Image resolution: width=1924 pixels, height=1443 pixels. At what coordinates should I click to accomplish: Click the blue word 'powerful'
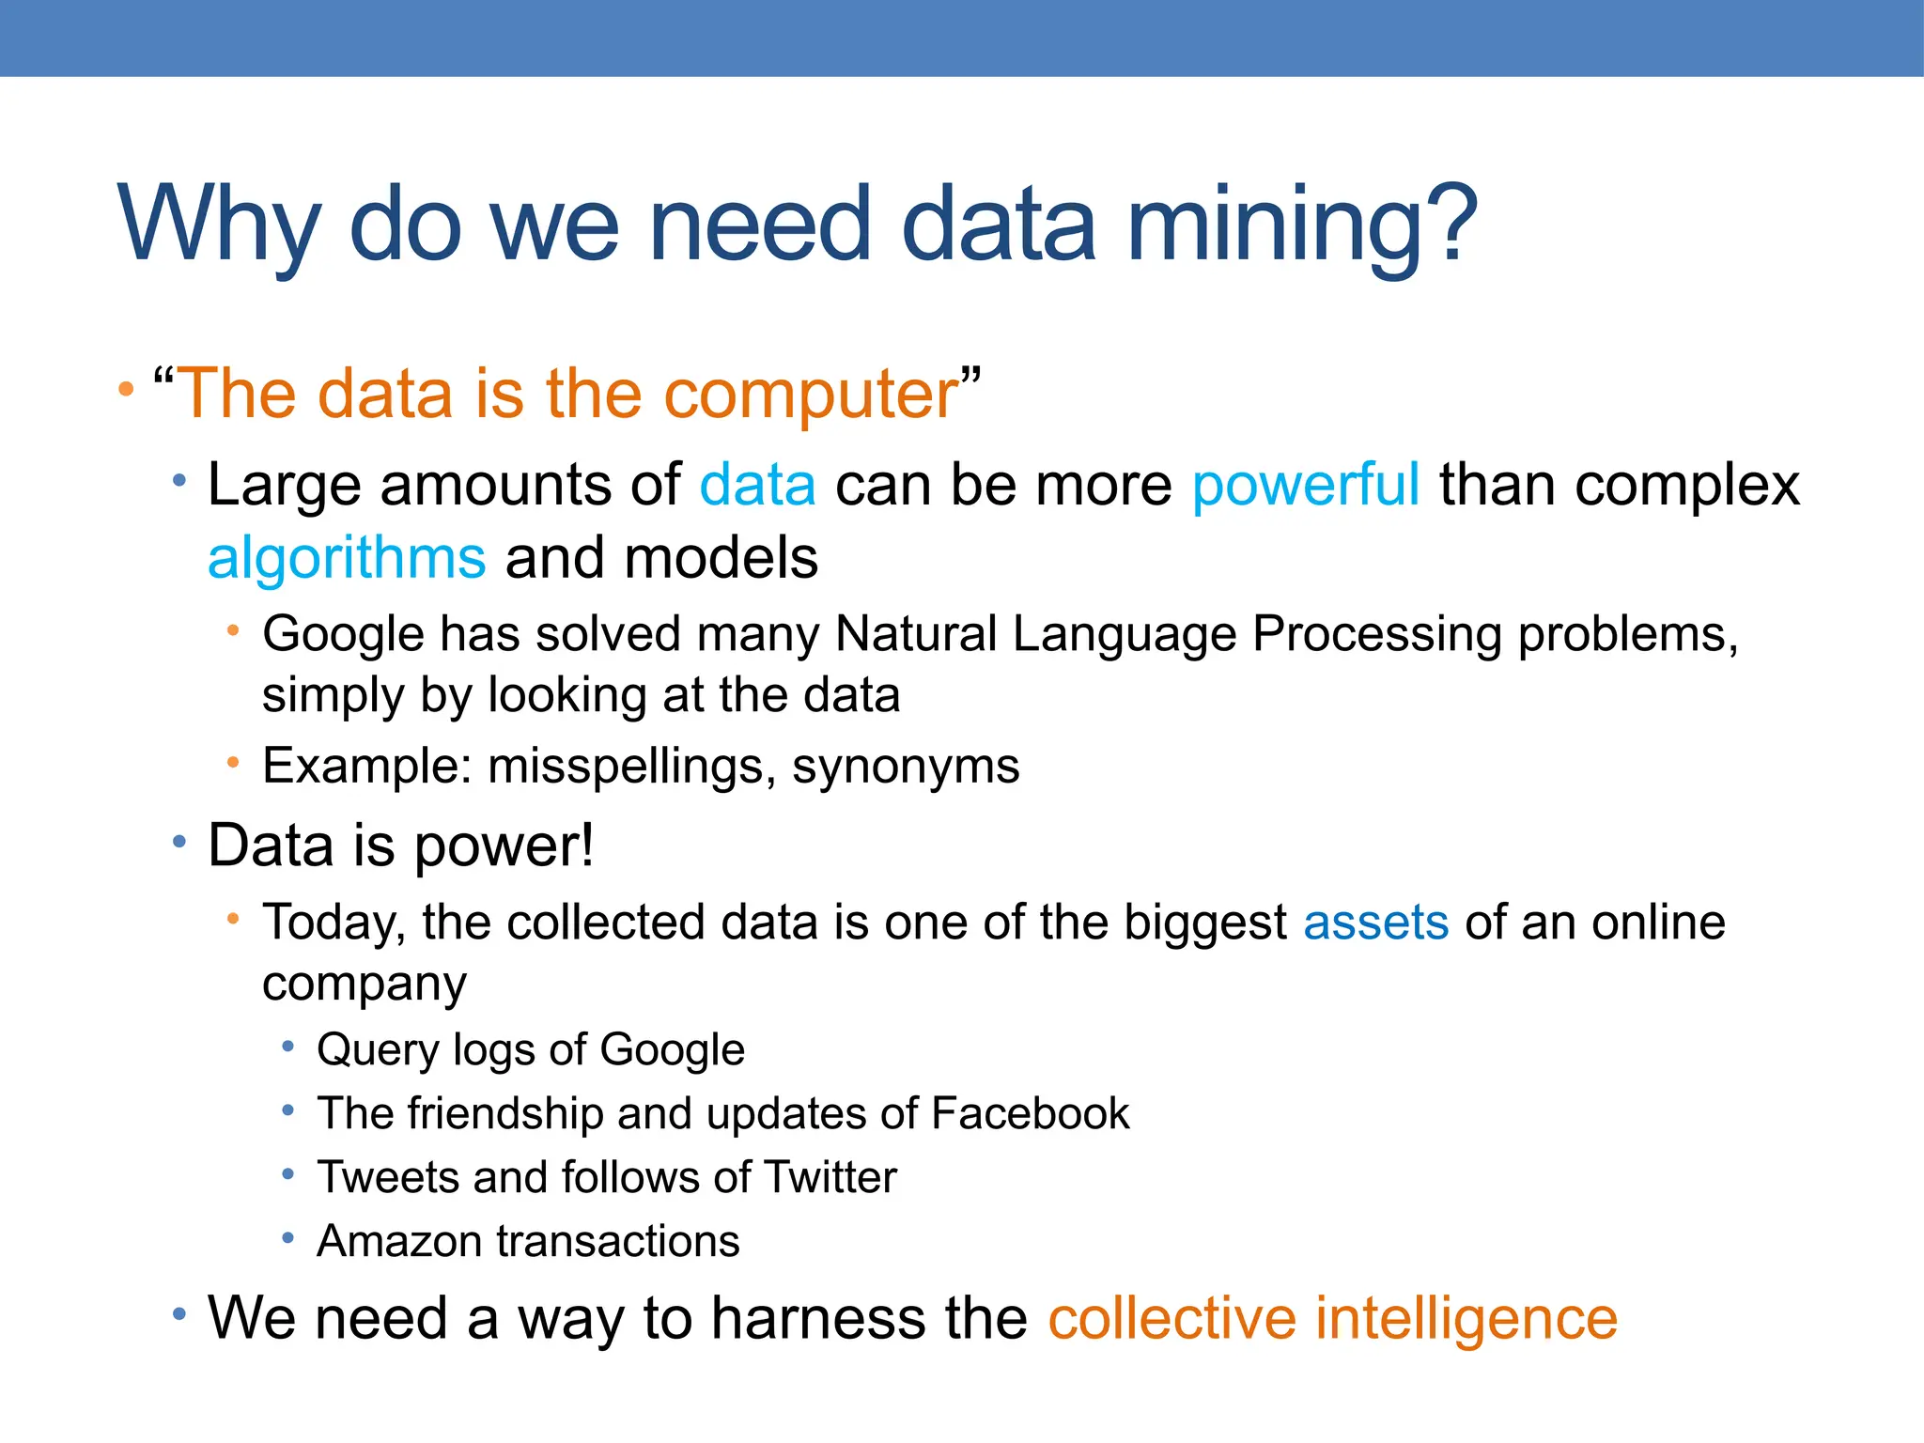[1305, 487]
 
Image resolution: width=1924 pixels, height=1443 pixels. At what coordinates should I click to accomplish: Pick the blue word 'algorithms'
[347, 558]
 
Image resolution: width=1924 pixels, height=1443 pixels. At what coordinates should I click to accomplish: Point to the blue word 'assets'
[1375, 923]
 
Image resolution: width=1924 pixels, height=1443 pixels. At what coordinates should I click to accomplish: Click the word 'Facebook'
[1030, 1114]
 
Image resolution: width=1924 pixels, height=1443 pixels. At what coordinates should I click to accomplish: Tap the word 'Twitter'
[830, 1178]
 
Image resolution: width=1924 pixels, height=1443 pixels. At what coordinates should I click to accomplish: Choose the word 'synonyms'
[906, 767]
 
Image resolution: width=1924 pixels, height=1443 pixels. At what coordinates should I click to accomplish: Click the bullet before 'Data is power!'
[179, 842]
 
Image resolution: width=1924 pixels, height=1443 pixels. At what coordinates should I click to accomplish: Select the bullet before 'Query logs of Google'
[288, 1047]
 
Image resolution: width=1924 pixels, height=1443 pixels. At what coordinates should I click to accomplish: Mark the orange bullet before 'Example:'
[233, 763]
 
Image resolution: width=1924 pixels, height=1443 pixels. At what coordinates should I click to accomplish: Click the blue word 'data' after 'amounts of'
[757, 487]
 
